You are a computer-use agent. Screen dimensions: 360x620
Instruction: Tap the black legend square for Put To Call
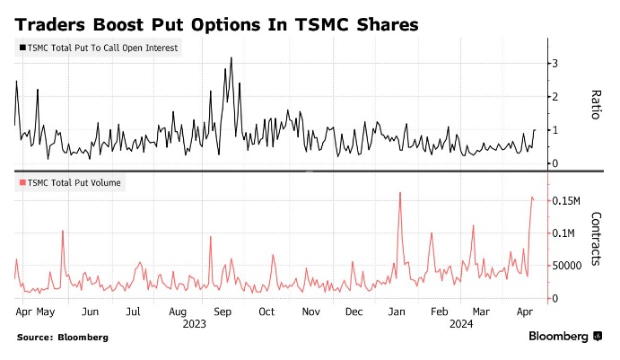pos(22,48)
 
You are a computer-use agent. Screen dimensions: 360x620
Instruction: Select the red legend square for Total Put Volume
pos(22,183)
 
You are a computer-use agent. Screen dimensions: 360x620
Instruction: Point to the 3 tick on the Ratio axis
pos(555,63)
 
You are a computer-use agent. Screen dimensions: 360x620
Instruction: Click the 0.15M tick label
pos(567,200)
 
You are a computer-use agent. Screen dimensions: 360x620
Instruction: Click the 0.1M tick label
pos(563,233)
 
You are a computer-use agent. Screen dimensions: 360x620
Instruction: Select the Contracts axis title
pos(597,241)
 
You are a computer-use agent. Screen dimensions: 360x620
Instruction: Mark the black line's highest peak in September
pos(231,58)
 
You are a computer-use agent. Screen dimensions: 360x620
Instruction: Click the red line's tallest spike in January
pos(399,192)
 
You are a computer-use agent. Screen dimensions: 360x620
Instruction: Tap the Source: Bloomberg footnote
pos(62,338)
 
